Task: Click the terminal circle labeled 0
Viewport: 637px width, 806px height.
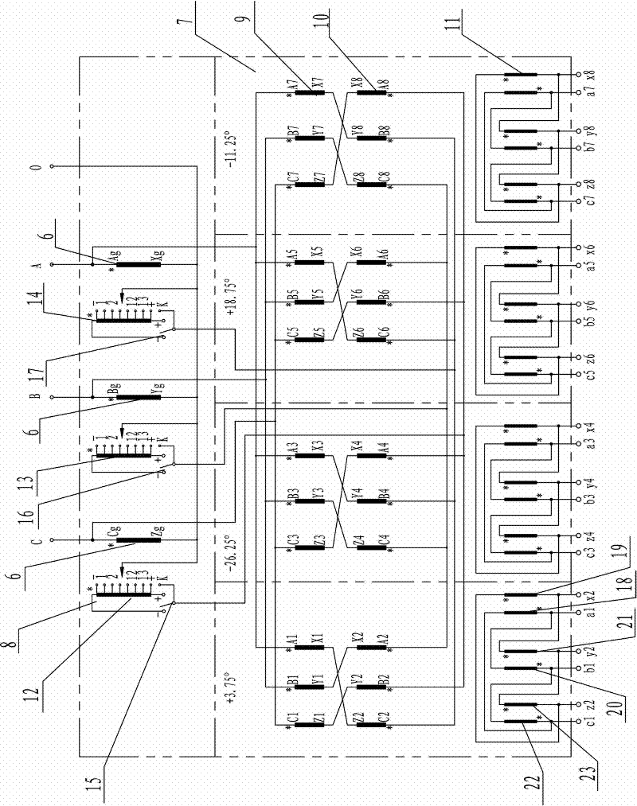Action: tap(53, 167)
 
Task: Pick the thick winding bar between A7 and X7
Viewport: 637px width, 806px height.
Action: tap(309, 92)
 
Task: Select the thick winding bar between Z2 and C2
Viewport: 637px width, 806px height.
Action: tap(370, 722)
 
